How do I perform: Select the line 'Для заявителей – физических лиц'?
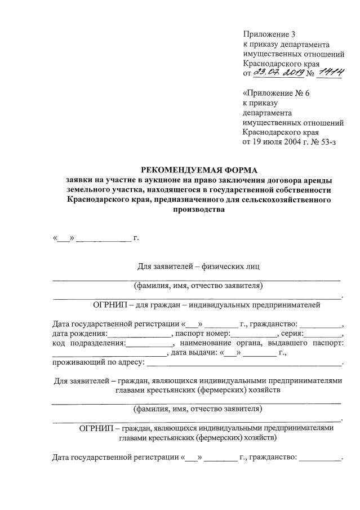[199, 265]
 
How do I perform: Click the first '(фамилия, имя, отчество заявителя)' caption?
[198, 286]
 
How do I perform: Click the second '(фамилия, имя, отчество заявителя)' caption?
[197, 409]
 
